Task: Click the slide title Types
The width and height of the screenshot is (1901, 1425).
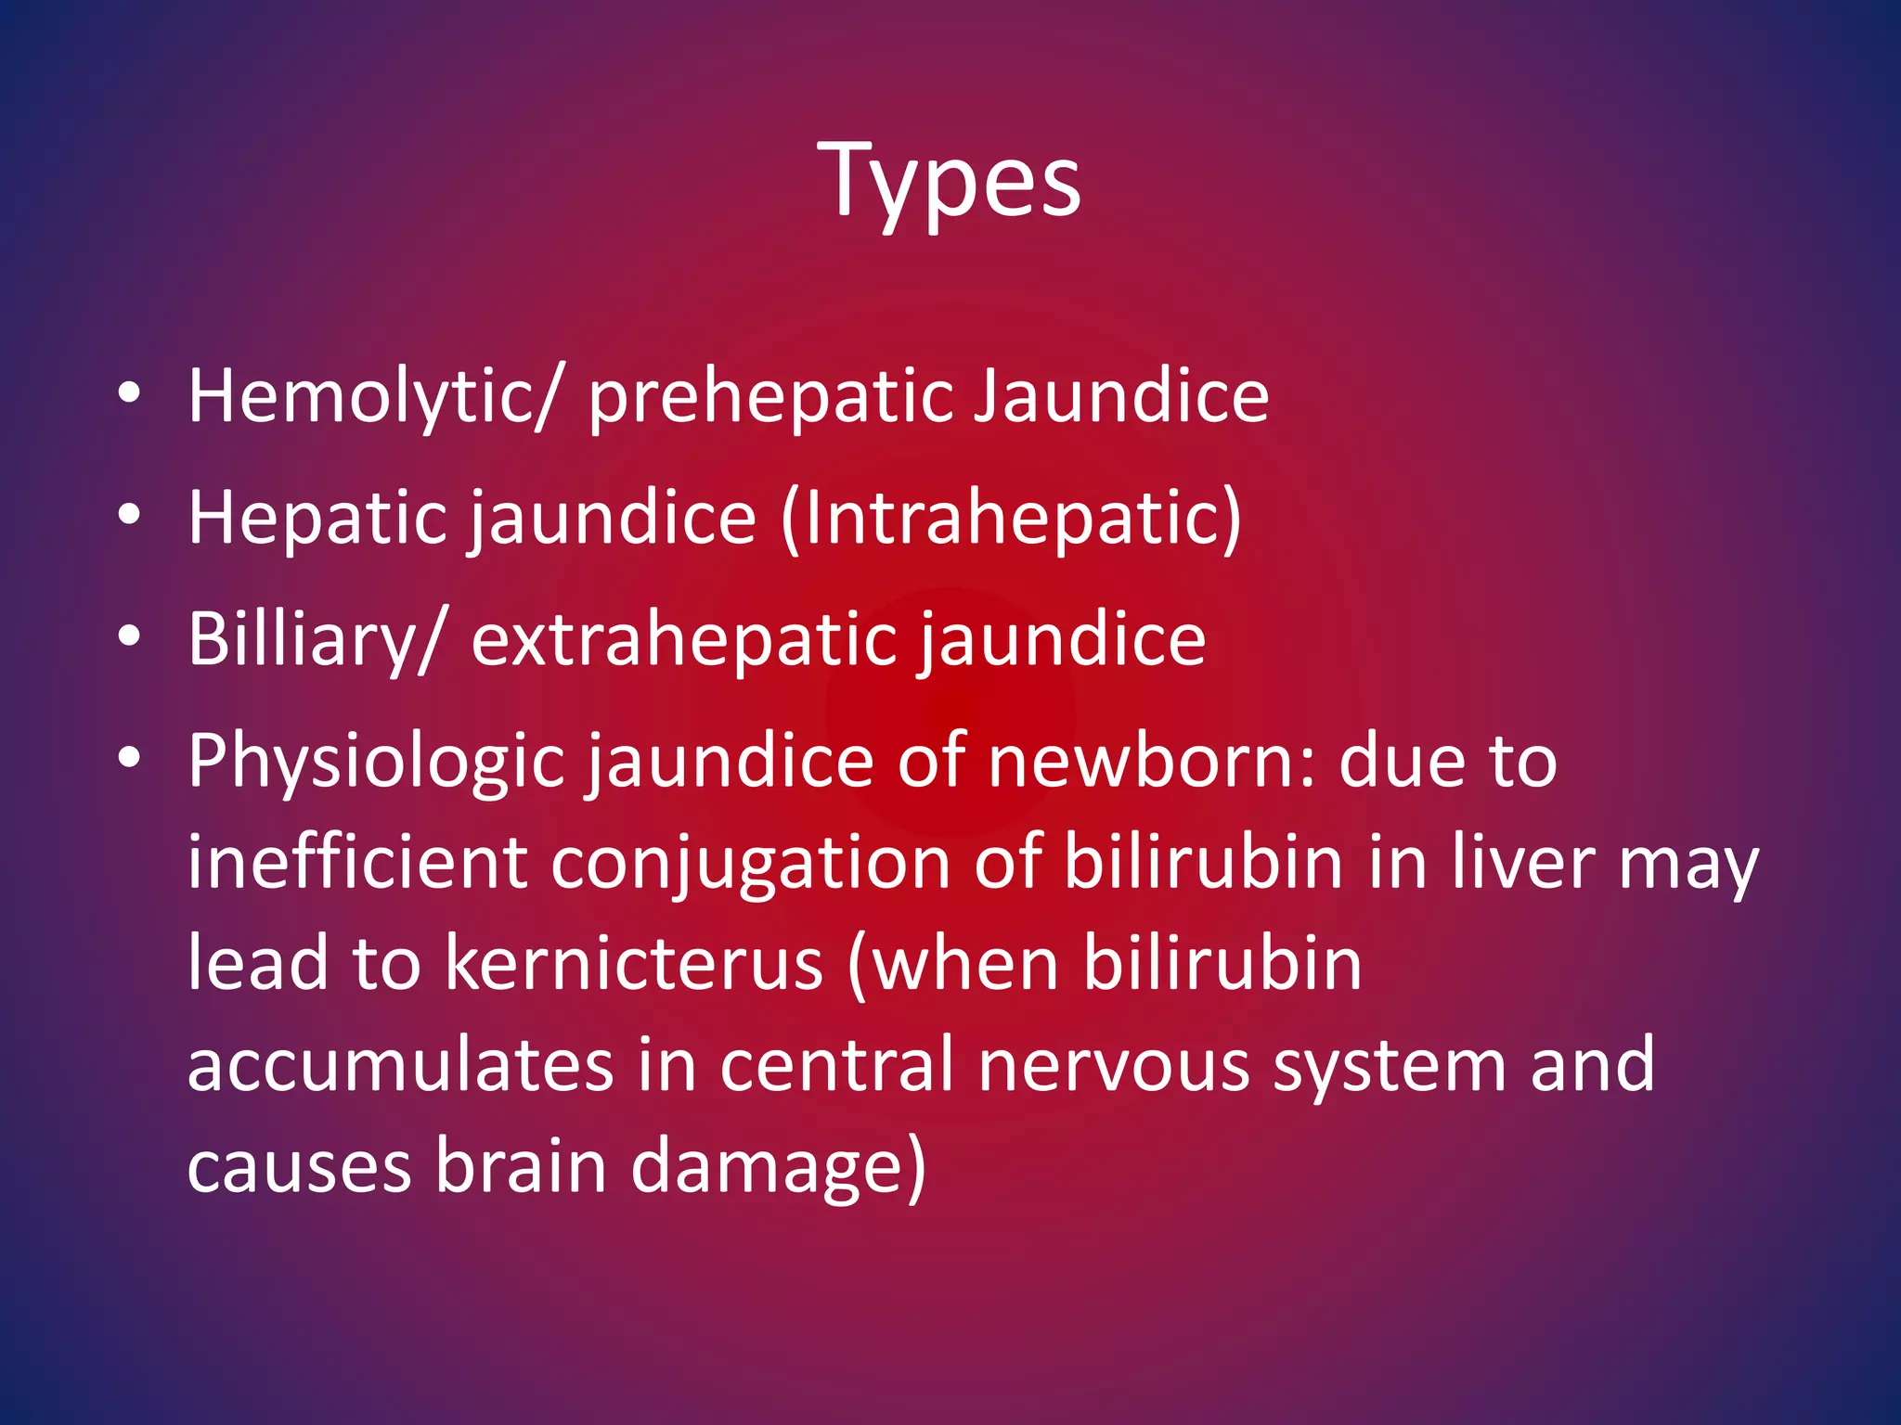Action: pyautogui.click(x=950, y=181)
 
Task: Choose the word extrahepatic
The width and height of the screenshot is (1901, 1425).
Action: pyautogui.click(x=682, y=640)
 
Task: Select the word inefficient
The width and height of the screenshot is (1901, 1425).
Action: pyautogui.click(x=357, y=863)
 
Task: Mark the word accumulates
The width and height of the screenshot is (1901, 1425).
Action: pyautogui.click(x=400, y=1065)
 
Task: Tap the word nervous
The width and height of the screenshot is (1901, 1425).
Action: pyautogui.click(x=1113, y=1065)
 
